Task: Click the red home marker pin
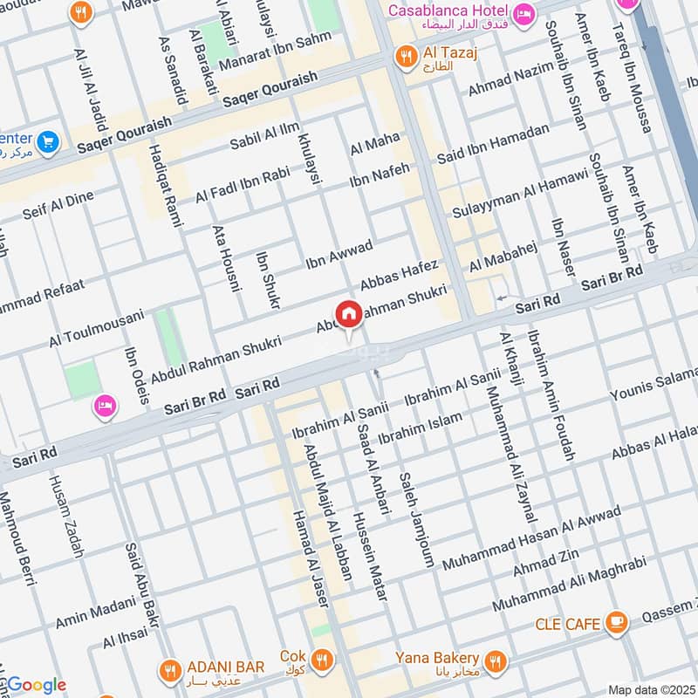348,314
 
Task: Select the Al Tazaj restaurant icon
406,57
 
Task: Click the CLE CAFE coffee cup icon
617,622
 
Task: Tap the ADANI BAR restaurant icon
169,669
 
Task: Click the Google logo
34,685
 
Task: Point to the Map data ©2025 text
651,689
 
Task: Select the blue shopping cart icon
48,140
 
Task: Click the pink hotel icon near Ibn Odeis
106,405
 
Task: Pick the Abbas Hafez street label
400,276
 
